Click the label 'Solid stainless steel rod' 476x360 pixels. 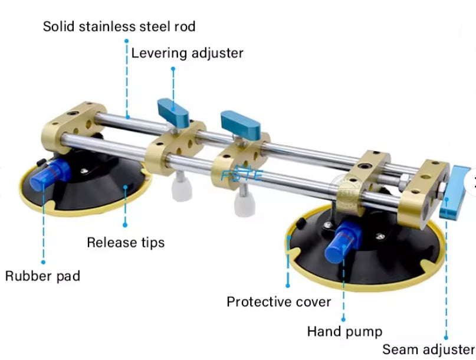pyautogui.click(x=119, y=27)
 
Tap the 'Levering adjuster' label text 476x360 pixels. pyautogui.click(x=187, y=53)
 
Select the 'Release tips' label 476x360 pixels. pyautogui.click(x=125, y=242)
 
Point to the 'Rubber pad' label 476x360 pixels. pyautogui.click(x=43, y=276)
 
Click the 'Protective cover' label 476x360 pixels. pyautogui.click(x=278, y=302)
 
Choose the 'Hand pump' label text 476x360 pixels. pyautogui.click(x=344, y=331)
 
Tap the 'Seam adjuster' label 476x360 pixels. pyautogui.click(x=428, y=349)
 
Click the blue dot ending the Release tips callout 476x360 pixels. pyautogui.click(x=126, y=224)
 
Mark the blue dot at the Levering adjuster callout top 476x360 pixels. pyautogui.click(x=173, y=69)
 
